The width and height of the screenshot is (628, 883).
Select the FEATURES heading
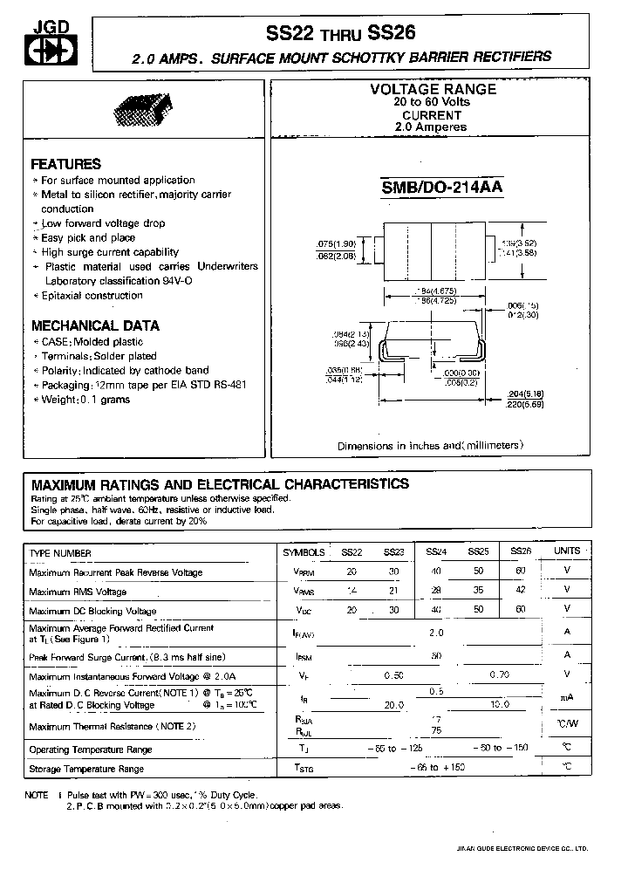pyautogui.click(x=66, y=164)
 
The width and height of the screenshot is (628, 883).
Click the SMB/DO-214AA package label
pyautogui.click(x=442, y=187)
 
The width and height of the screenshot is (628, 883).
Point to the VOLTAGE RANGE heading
pyautogui.click(x=433, y=89)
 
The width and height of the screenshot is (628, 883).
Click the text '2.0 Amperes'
pyautogui.click(x=431, y=127)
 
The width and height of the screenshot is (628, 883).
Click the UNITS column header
pyautogui.click(x=567, y=551)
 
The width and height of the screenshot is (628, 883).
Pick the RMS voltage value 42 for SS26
pyautogui.click(x=521, y=591)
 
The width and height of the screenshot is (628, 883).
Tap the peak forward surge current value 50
pyautogui.click(x=436, y=655)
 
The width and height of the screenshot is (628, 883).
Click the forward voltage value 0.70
pyautogui.click(x=500, y=674)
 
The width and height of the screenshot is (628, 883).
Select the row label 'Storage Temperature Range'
pyautogui.click(x=86, y=769)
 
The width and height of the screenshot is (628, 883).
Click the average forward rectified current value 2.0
pyautogui.click(x=436, y=633)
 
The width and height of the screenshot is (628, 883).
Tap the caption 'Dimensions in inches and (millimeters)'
pyautogui.click(x=431, y=446)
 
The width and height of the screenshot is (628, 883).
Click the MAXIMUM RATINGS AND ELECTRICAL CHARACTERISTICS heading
pyautogui.click(x=220, y=483)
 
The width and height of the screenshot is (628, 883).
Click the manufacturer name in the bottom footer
pyautogui.click(x=535, y=847)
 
